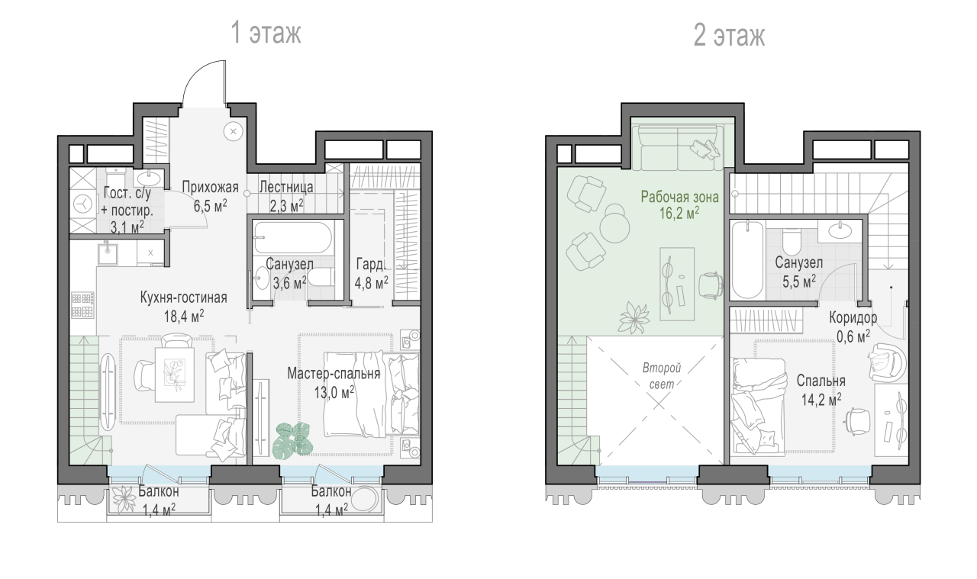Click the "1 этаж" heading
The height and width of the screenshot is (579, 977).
pos(266,32)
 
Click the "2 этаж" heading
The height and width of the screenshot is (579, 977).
pos(729,35)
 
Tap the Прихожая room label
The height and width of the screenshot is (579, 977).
pos(210,187)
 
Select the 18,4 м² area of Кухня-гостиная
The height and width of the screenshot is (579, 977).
pos(184,316)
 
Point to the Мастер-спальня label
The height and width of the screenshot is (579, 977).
pos(334,373)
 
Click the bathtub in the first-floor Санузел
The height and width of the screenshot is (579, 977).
pos(293,237)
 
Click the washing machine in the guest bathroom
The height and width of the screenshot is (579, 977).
pos(82,203)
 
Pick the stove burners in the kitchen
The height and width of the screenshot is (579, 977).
pos(82,305)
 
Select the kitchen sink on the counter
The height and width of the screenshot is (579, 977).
pos(108,254)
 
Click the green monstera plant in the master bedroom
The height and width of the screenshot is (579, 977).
pos(292,440)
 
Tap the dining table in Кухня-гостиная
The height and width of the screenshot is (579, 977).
pos(175,375)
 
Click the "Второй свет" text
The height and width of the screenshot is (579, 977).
pos(662,376)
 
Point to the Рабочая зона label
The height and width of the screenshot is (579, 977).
pos(679,197)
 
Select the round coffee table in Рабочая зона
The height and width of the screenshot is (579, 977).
pos(615,224)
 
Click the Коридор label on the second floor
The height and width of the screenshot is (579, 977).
pos(853,317)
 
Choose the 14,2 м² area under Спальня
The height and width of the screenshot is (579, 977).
pos(821,400)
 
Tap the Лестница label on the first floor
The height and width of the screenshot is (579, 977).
pos(286,187)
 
